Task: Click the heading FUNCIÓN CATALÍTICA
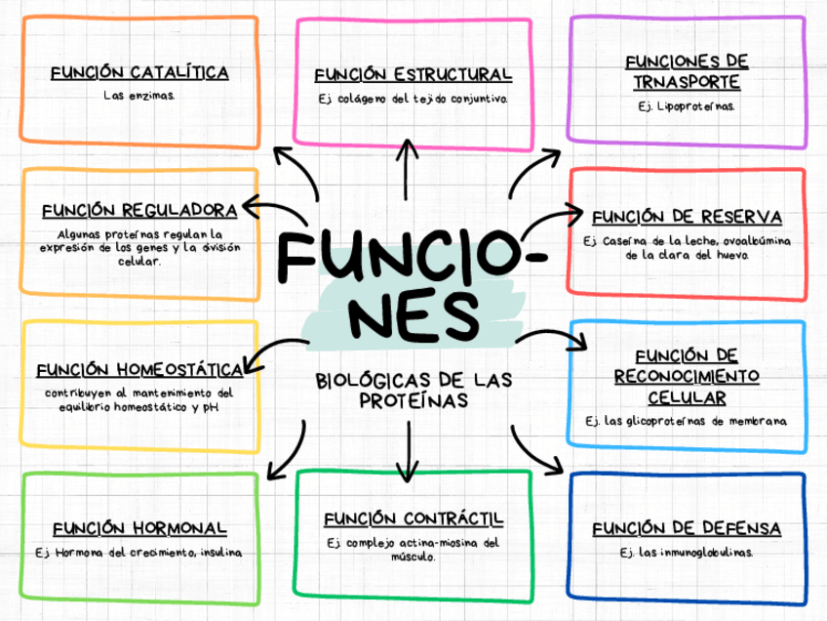tap(139, 73)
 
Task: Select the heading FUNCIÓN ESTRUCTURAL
tap(413, 75)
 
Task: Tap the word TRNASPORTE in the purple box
tap(687, 83)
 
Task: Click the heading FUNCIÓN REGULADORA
tap(139, 211)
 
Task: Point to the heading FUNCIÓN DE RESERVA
tap(687, 217)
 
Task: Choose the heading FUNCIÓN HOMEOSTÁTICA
tap(139, 370)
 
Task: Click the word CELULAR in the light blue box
tap(687, 398)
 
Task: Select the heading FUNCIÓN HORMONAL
tap(139, 528)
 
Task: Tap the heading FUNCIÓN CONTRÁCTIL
tap(413, 518)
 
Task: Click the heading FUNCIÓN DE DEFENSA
tap(687, 529)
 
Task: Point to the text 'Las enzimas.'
tap(139, 96)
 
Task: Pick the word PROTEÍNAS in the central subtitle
tap(413, 401)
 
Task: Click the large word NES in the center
tap(413, 315)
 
